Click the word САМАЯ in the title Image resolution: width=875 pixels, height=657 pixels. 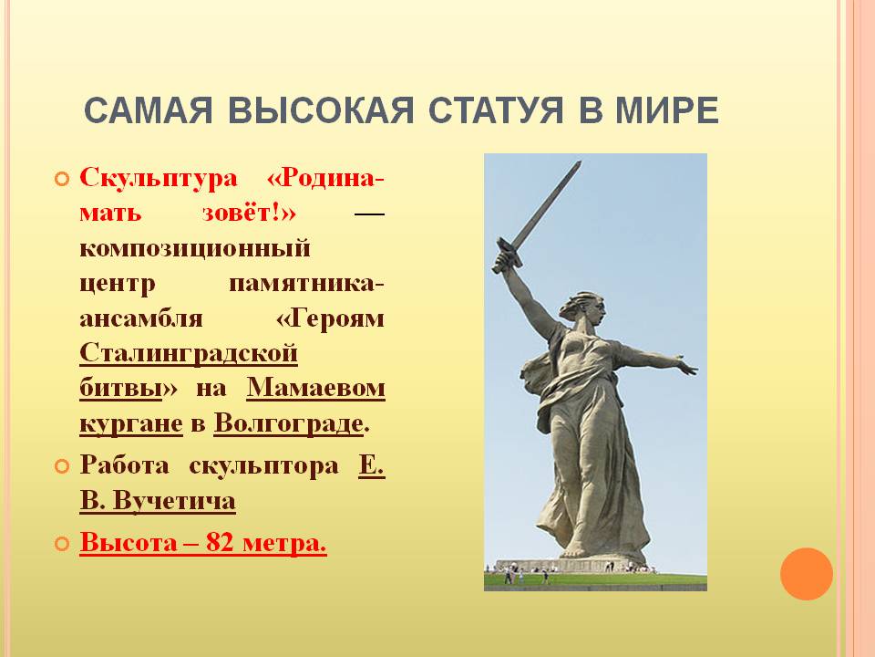coord(149,110)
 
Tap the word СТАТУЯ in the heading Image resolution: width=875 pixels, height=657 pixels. coord(497,110)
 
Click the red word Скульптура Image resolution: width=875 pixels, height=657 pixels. coord(159,179)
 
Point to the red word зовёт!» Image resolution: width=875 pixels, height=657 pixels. coord(249,214)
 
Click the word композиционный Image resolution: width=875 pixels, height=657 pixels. coord(195,249)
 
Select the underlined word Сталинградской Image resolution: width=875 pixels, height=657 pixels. coord(189,354)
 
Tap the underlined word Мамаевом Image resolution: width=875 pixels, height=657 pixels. coord(316,388)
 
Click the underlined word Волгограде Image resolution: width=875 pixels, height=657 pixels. coord(289,423)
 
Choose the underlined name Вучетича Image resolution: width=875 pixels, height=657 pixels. coord(175,501)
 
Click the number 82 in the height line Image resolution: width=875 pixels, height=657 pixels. coord(220,542)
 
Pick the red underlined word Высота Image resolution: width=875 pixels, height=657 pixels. coord(129,542)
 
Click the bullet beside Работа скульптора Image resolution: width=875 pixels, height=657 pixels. coord(62,466)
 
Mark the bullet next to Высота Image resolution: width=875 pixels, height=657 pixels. coord(62,543)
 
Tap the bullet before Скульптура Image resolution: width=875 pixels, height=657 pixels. coord(62,180)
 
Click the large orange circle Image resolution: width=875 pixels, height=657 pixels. coord(807,574)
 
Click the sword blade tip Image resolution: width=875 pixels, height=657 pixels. coord(580,162)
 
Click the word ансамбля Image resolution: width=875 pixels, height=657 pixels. coord(141,319)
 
